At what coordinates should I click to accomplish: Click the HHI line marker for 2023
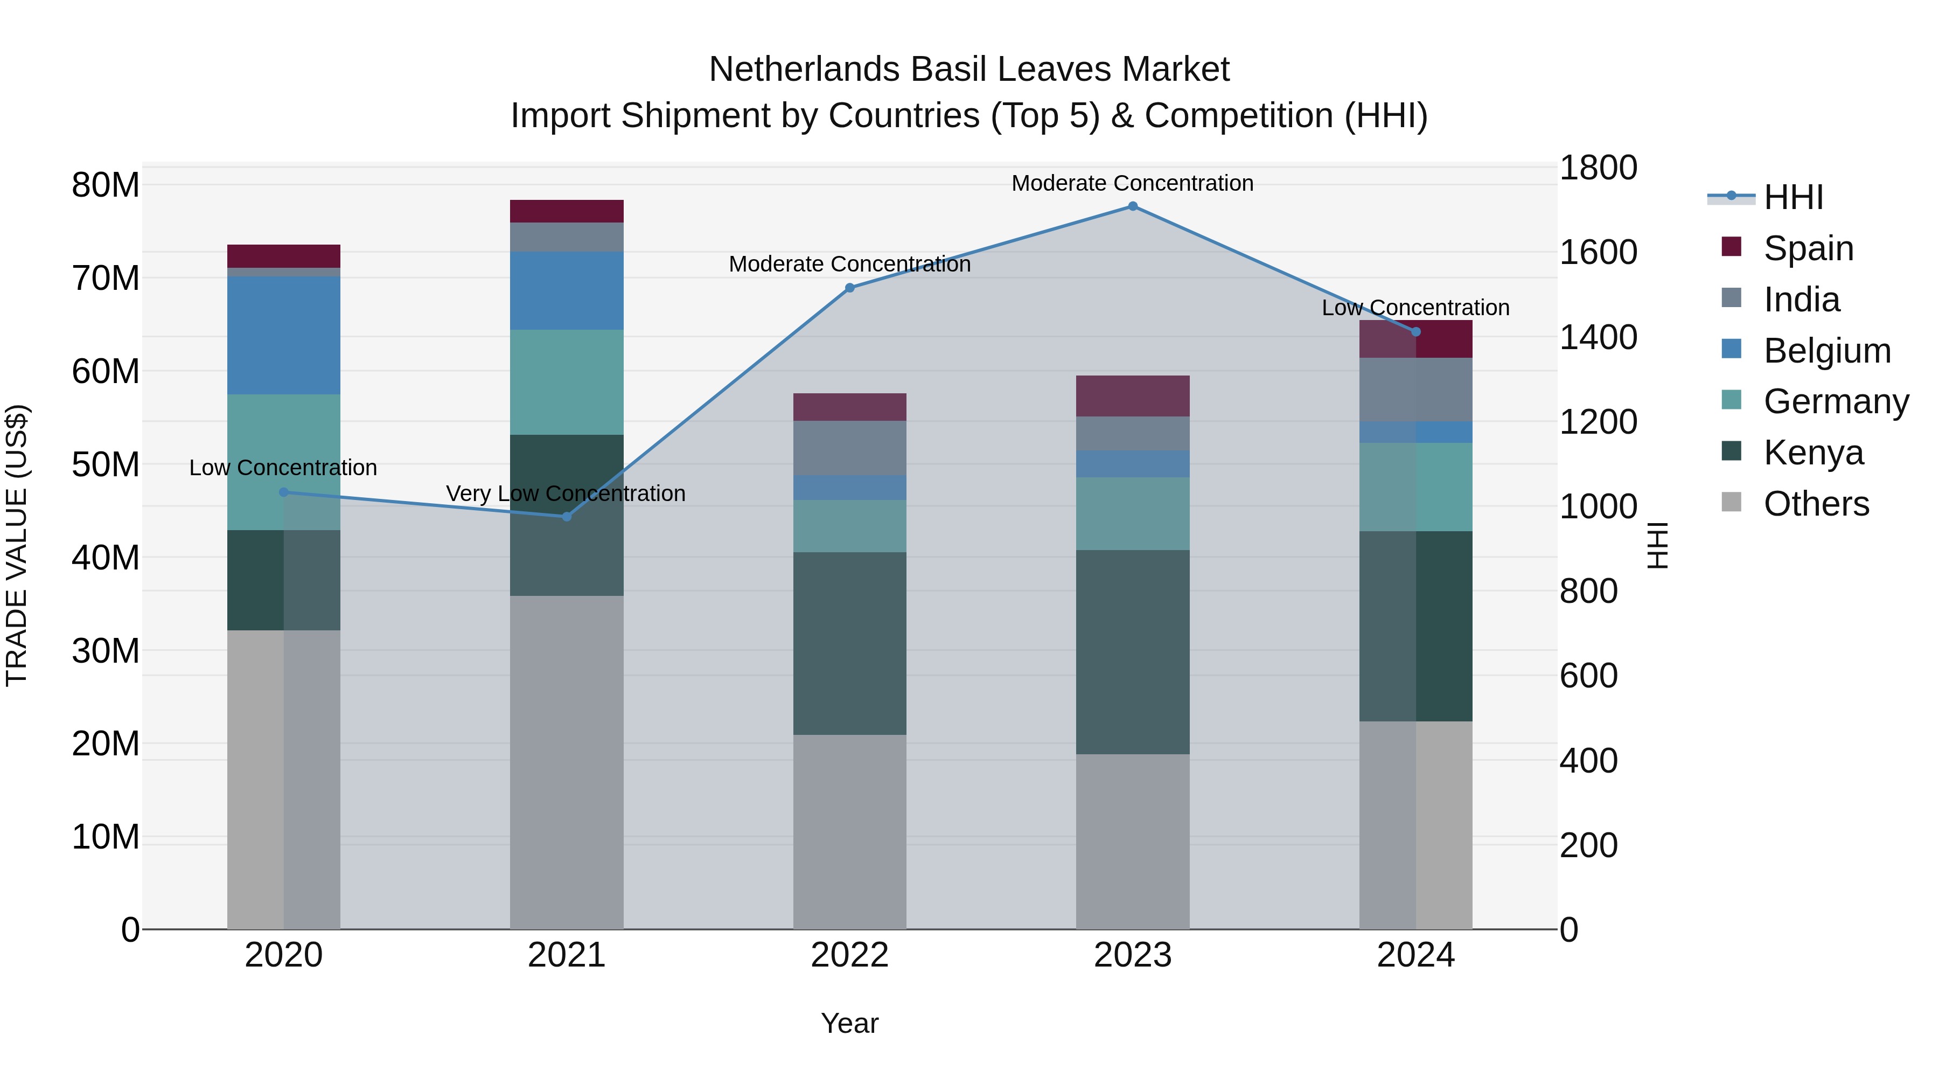1132,206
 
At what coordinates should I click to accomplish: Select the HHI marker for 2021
567,517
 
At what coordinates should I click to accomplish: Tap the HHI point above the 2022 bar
850,288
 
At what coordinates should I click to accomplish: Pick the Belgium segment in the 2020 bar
284,335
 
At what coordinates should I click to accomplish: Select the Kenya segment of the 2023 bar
1132,651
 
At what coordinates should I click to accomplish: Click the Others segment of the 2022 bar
850,831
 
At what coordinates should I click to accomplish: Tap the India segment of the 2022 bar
850,448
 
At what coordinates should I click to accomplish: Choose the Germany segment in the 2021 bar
567,382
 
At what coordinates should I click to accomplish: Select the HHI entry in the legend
1792,197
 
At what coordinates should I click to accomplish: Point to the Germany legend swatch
1731,400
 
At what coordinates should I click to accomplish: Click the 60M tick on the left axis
106,371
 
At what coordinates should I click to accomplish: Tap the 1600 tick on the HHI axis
1598,252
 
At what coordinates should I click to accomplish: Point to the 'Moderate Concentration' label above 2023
1132,183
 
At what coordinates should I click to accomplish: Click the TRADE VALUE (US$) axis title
17,545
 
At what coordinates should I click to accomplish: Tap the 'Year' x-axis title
850,1023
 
